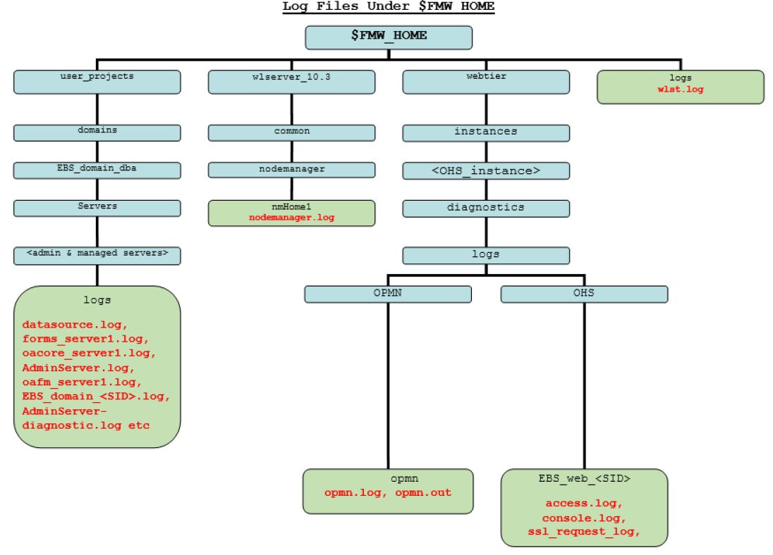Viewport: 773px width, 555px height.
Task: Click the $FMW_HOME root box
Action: (x=389, y=37)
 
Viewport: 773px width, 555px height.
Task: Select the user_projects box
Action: (x=97, y=82)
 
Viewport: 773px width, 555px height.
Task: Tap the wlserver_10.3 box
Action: (x=291, y=82)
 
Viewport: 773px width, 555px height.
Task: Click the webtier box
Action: (x=485, y=82)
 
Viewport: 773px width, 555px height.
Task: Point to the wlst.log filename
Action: (x=681, y=91)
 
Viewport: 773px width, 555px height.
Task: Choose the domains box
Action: (x=97, y=132)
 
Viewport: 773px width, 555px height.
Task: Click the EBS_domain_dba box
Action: (x=97, y=170)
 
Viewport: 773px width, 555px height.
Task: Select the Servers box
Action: (x=97, y=208)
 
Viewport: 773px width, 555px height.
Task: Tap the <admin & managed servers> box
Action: (x=97, y=255)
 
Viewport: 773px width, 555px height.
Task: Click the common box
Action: (x=291, y=132)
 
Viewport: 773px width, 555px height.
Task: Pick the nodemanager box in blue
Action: (x=291, y=170)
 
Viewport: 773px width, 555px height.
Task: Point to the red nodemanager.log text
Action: (x=291, y=218)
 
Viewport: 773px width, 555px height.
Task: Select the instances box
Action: (x=485, y=132)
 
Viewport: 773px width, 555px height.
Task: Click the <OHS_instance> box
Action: (x=485, y=170)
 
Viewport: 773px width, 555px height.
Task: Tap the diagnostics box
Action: (x=485, y=208)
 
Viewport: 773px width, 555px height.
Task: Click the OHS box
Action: (x=583, y=294)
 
